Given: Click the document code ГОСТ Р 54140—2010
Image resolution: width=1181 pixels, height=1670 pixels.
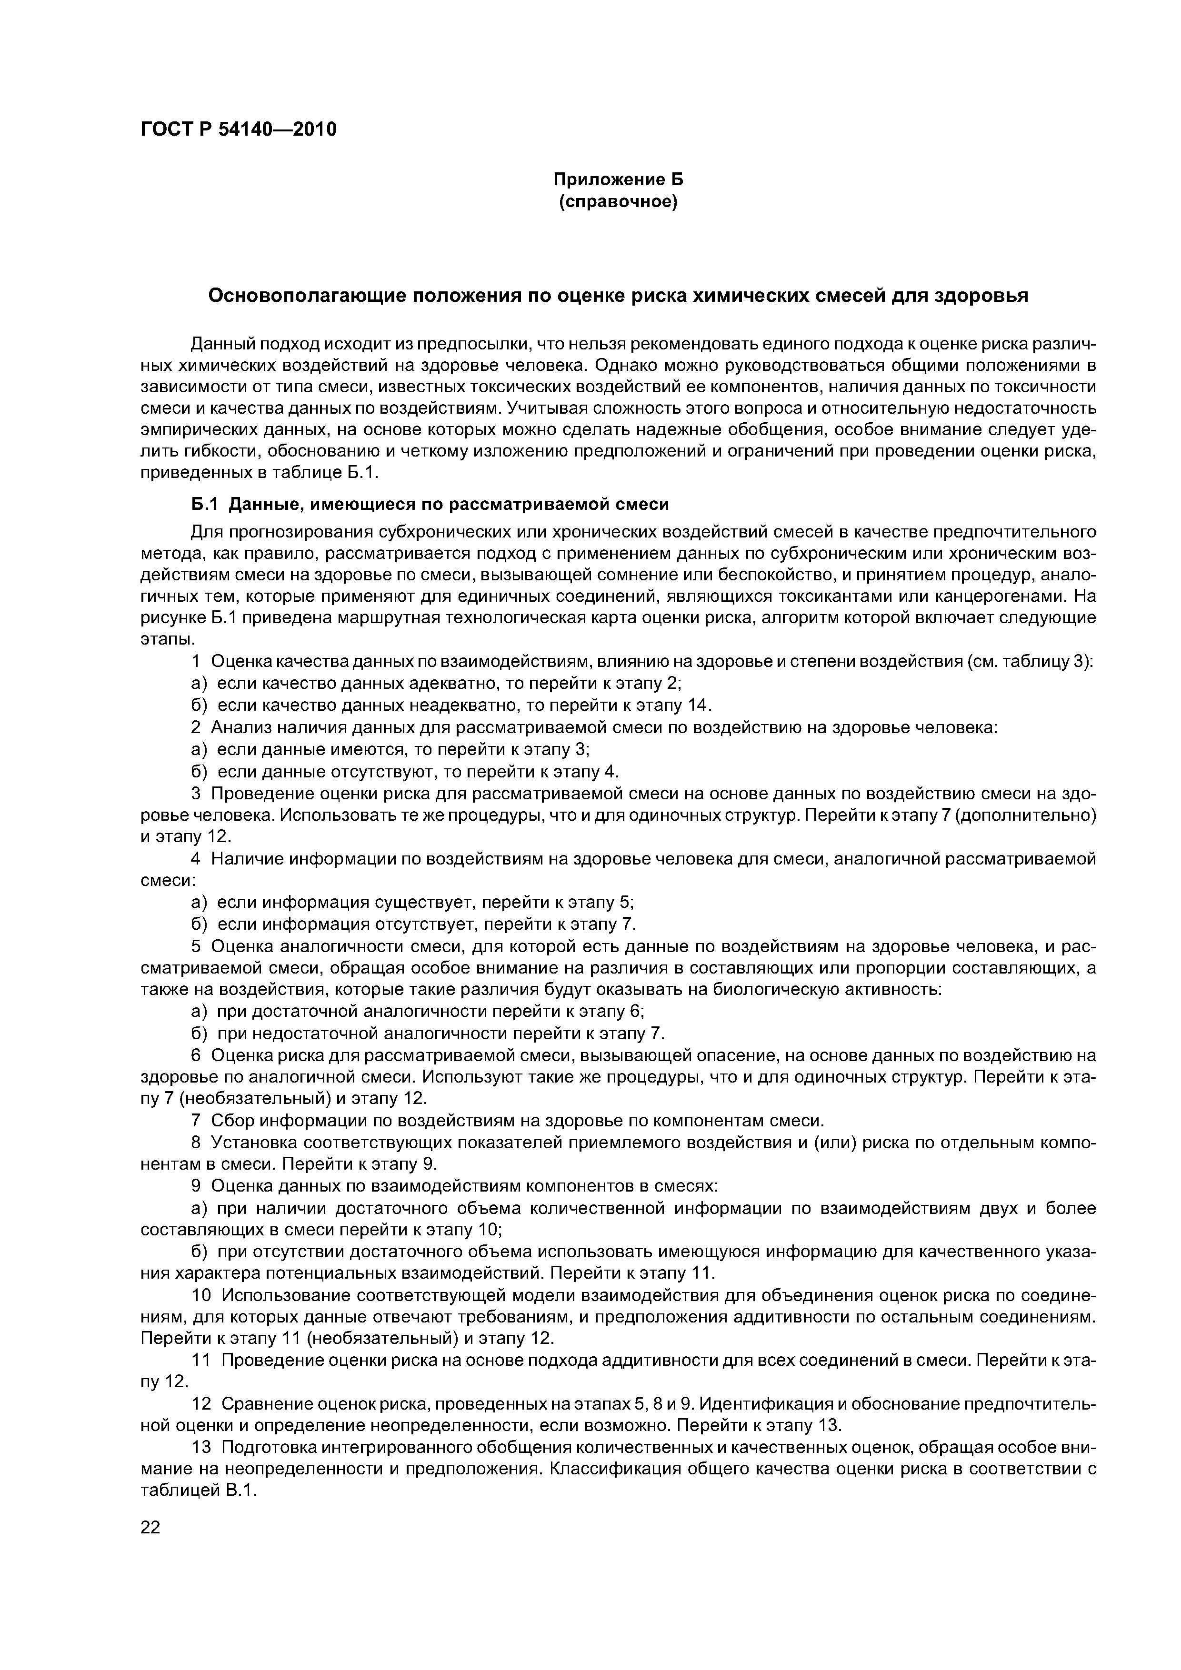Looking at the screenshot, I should (238, 130).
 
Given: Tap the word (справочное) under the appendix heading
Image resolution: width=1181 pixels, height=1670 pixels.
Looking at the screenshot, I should (618, 201).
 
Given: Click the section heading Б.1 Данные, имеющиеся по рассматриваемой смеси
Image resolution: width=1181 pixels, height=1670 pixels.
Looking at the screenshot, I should (430, 504).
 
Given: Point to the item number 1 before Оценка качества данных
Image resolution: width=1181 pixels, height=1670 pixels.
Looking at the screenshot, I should (196, 661).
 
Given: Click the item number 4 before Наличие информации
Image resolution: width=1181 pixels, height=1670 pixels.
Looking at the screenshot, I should (196, 859).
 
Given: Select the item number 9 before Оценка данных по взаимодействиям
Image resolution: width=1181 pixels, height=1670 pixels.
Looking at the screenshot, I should (196, 1185).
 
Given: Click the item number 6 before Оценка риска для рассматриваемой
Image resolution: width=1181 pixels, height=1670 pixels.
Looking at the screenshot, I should (196, 1054).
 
